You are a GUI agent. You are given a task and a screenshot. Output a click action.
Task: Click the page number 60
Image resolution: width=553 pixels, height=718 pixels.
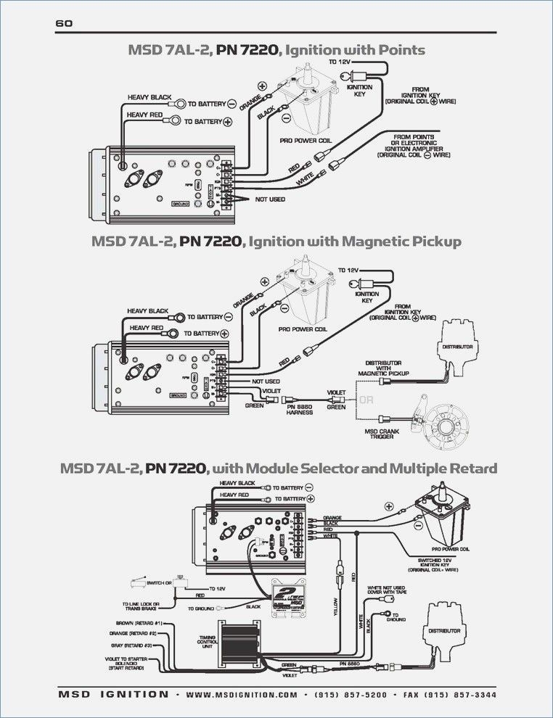click(64, 23)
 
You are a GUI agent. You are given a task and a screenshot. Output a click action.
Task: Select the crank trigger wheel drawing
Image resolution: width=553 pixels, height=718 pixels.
click(444, 424)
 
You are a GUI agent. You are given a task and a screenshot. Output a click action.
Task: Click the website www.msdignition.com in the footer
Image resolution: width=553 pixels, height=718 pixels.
click(241, 694)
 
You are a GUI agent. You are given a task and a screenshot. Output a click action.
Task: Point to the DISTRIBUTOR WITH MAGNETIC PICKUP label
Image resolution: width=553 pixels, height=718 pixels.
click(384, 367)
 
